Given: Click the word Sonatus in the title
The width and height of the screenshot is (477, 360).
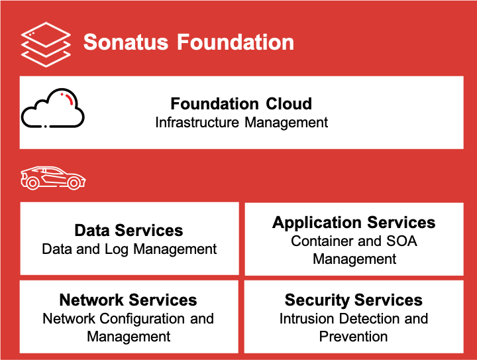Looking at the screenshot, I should tap(126, 42).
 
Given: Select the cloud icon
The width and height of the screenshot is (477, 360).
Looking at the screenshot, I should tap(53, 109).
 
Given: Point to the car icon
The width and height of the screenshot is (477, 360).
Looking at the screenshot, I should tap(53, 178).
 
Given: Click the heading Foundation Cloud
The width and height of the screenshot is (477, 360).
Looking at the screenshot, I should tap(241, 104).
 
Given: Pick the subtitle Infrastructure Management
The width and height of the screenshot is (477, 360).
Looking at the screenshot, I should tap(241, 123).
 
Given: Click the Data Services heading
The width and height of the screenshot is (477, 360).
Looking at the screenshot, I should tap(129, 230).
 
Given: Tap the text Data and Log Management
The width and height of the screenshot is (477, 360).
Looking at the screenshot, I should tap(129, 249).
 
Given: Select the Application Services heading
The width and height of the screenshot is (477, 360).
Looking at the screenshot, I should tap(354, 222).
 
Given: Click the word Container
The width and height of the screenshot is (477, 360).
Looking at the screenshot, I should tap(323, 241).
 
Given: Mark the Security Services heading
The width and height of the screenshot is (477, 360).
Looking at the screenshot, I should tap(353, 300).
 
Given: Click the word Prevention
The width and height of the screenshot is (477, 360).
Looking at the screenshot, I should tap(353, 336).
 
